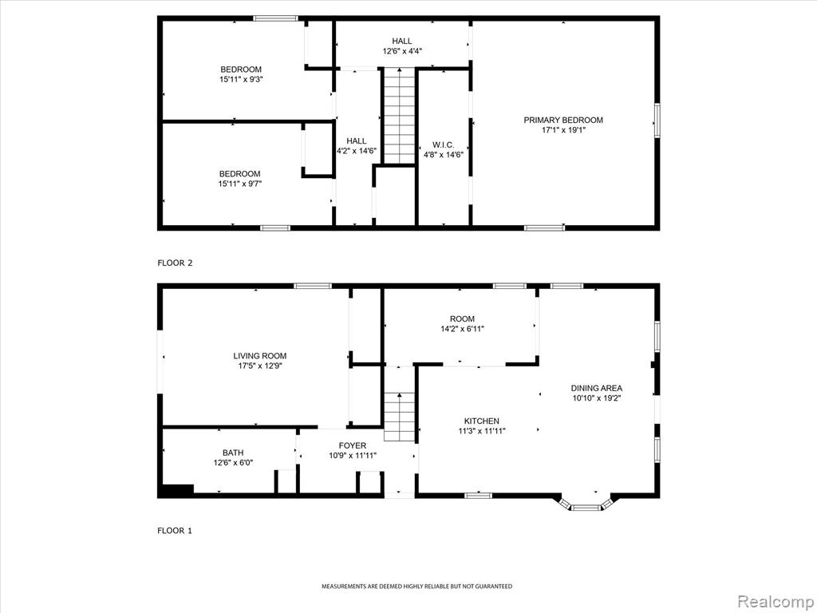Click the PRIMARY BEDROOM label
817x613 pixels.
coord(563,120)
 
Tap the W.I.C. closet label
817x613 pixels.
coord(444,144)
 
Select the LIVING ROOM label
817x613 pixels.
coord(260,356)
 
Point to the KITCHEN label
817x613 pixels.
coord(482,421)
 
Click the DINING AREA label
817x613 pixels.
coord(597,389)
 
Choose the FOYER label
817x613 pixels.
coord(353,445)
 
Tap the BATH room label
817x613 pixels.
coord(233,453)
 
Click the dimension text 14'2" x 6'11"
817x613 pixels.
coord(463,329)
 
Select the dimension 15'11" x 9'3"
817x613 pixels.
coord(241,79)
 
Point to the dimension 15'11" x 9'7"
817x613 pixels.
coord(239,184)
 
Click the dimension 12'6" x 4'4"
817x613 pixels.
coord(402,51)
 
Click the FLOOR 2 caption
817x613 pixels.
coord(175,263)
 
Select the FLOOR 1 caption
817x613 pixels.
coord(175,531)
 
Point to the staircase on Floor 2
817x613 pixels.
coord(400,116)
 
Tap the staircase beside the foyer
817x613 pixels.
coord(400,417)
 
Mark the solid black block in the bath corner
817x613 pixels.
coord(178,489)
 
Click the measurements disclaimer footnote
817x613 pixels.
coord(416,587)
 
